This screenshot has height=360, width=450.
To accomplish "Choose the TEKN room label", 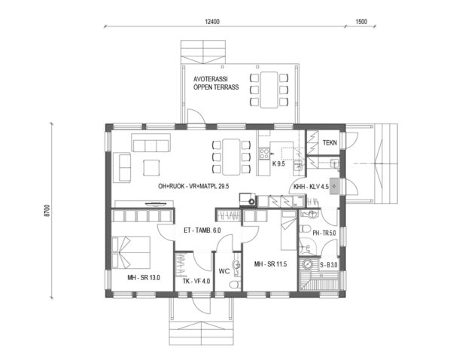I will (330, 142).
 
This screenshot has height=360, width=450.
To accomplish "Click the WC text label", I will (223, 270).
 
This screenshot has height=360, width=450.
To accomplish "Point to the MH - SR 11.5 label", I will (272, 264).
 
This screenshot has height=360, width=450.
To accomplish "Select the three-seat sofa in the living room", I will (149, 143).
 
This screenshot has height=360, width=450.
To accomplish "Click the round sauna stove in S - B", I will (307, 264).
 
